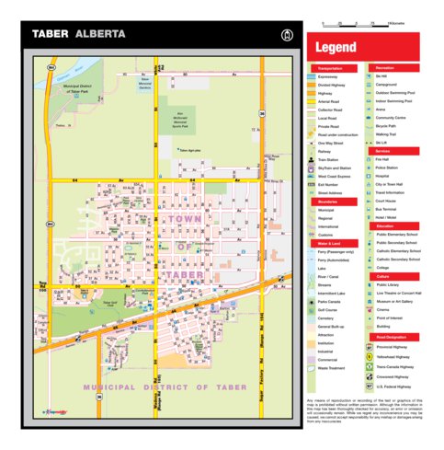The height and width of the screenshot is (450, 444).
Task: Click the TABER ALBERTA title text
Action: [79, 33]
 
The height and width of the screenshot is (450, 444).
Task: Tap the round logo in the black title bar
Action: [287, 34]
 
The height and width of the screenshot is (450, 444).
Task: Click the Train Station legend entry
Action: [329, 160]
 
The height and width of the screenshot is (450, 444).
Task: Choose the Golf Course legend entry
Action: [326, 310]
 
